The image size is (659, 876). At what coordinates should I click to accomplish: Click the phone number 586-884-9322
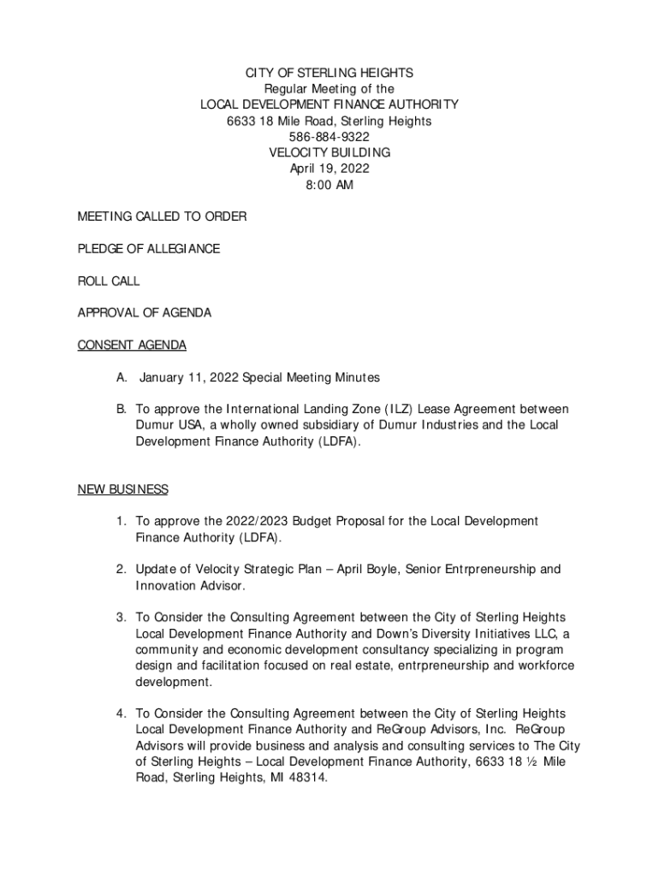pyautogui.click(x=329, y=137)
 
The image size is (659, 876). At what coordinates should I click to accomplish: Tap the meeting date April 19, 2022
pyautogui.click(x=329, y=169)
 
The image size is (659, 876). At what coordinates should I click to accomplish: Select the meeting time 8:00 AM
pyautogui.click(x=329, y=185)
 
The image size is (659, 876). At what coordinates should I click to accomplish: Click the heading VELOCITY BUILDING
pyautogui.click(x=329, y=152)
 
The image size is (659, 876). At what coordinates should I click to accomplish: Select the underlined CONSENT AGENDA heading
pyautogui.click(x=132, y=345)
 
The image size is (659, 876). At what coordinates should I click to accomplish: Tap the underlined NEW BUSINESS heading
pyautogui.click(x=123, y=489)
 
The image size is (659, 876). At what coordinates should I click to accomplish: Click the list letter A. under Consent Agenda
pyautogui.click(x=123, y=377)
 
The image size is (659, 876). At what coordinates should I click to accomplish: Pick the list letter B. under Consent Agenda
pyautogui.click(x=123, y=410)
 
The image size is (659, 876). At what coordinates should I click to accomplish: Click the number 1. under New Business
pyautogui.click(x=123, y=521)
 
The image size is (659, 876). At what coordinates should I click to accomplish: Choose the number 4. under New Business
pyautogui.click(x=123, y=713)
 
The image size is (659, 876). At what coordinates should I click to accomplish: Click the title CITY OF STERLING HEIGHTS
pyautogui.click(x=329, y=73)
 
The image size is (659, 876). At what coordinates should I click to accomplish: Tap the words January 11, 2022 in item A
pyautogui.click(x=189, y=377)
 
